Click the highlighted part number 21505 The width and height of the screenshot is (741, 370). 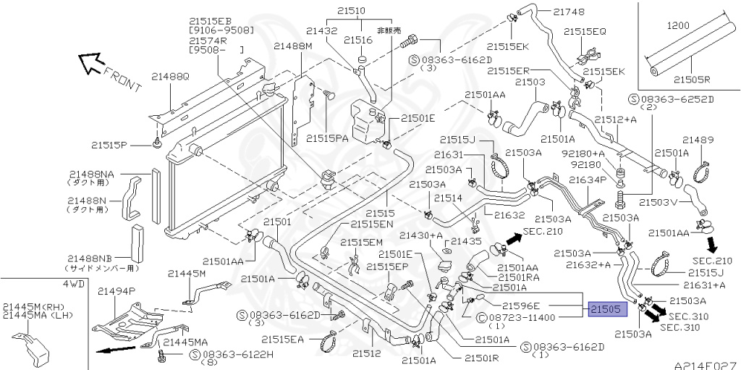pyautogui.click(x=608, y=309)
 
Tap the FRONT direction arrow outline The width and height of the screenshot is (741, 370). pyautogui.click(x=90, y=62)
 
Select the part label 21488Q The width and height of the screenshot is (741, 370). pyautogui.click(x=170, y=77)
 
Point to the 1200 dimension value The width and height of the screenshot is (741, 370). pyautogui.click(x=678, y=25)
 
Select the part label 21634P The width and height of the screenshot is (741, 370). pyautogui.click(x=588, y=180)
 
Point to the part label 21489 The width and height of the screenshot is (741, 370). pyautogui.click(x=698, y=140)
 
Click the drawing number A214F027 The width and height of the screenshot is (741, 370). pyautogui.click(x=706, y=366)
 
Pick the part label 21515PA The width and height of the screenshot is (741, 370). pyautogui.click(x=327, y=138)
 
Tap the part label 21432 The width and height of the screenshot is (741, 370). pyautogui.click(x=321, y=30)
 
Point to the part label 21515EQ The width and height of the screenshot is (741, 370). pyautogui.click(x=585, y=31)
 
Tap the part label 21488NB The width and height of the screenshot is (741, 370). pyautogui.click(x=90, y=258)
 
